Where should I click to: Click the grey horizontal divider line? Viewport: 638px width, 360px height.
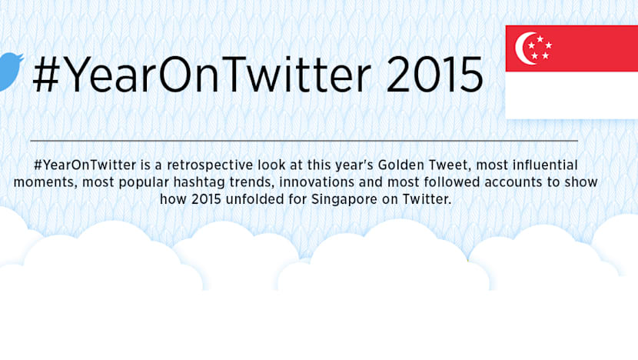(304, 141)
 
